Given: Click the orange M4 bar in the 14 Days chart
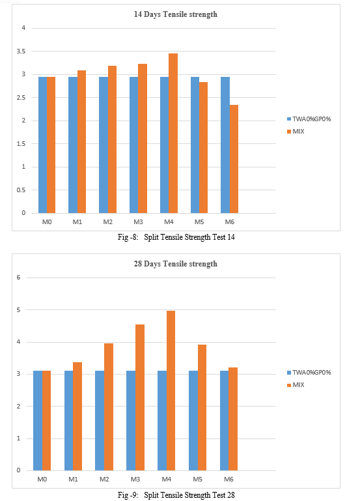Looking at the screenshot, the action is point(173,134).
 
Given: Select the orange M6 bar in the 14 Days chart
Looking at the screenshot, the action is point(234,159).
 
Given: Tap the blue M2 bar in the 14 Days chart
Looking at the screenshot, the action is point(104,145).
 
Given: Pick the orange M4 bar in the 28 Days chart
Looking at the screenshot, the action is point(171,390).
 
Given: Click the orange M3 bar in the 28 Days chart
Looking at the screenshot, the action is point(140,397).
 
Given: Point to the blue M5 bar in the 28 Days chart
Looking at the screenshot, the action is point(193,420).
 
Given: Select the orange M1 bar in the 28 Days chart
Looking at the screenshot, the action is point(77,416).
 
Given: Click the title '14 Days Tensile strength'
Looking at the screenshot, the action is point(176,14).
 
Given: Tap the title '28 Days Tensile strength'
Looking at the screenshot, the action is point(176,264).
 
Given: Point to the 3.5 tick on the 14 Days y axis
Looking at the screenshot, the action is point(21,51).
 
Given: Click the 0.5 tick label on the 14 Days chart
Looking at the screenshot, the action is point(21,190).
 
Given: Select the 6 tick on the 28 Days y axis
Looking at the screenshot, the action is point(18,278).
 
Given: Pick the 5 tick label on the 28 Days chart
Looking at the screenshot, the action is point(18,310).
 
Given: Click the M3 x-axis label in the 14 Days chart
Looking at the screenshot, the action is point(138,222).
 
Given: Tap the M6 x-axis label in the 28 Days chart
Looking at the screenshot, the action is point(229,480).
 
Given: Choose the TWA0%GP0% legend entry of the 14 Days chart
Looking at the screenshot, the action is point(309,119).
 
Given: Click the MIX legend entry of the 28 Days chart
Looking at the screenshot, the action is point(296,385).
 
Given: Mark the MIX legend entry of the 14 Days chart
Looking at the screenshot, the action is point(296,132).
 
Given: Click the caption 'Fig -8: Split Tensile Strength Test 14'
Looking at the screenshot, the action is point(176,237).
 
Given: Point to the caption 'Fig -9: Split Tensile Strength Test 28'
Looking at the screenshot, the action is point(176,495).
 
